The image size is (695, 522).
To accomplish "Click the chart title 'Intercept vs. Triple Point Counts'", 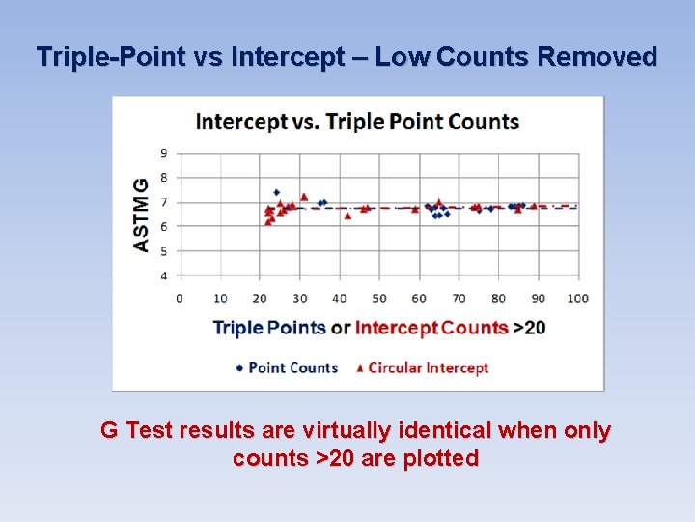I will pos(357,122).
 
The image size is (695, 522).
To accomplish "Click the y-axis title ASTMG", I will pos(142,215).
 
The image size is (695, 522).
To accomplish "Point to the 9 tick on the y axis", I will pos(164,153).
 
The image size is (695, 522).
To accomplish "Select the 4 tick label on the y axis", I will pos(164,276).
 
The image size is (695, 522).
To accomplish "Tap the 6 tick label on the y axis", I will pos(164,227).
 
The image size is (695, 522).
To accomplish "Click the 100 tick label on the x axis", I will pos(577,298).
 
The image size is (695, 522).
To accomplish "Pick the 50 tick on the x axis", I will pos(379,298).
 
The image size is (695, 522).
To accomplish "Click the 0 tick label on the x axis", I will pos(180,298).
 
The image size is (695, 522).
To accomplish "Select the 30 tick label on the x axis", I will pos(300,298).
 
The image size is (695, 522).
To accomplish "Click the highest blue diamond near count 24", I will pos(277,192).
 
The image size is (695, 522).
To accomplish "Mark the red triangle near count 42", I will pos(347,216).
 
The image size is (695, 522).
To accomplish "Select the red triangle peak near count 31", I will pos(303,197).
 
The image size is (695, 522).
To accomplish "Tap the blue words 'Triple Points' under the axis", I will pos(269,328).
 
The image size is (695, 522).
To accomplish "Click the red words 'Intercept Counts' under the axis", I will pos(431,328).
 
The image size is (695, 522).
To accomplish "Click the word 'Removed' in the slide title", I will pos(597,57).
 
